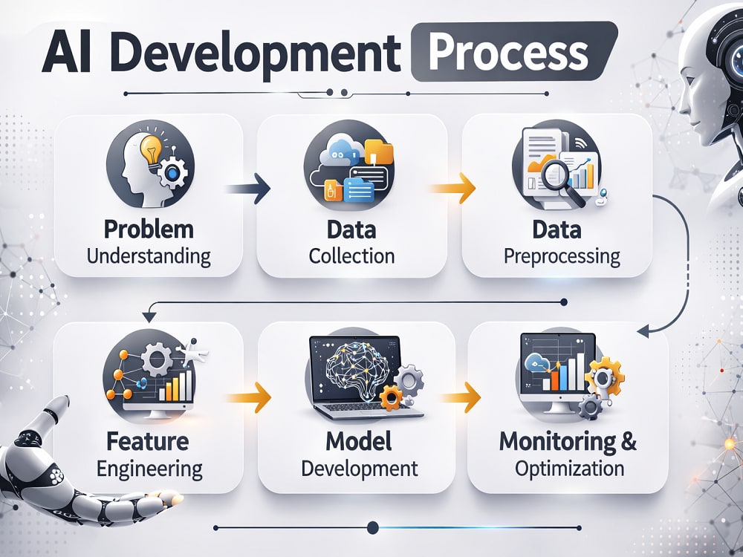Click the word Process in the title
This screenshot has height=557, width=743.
click(x=508, y=53)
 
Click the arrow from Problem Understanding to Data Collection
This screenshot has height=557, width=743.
click(x=247, y=189)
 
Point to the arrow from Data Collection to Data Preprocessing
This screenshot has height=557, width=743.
click(x=452, y=189)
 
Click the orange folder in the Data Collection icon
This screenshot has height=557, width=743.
click(x=379, y=152)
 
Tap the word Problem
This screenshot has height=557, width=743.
click(x=149, y=229)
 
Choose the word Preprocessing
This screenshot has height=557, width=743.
click(x=562, y=257)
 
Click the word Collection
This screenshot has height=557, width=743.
click(x=351, y=256)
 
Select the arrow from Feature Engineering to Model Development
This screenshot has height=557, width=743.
click(x=248, y=397)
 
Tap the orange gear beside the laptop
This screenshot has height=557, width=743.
click(x=391, y=397)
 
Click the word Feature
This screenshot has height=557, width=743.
click(x=148, y=441)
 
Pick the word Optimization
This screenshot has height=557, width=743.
click(x=570, y=469)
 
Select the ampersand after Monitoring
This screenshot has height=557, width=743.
click(x=628, y=441)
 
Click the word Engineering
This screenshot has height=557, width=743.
click(x=150, y=470)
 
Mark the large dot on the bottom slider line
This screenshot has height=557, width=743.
click(x=373, y=527)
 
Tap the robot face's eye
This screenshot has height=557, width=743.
click(x=736, y=62)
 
